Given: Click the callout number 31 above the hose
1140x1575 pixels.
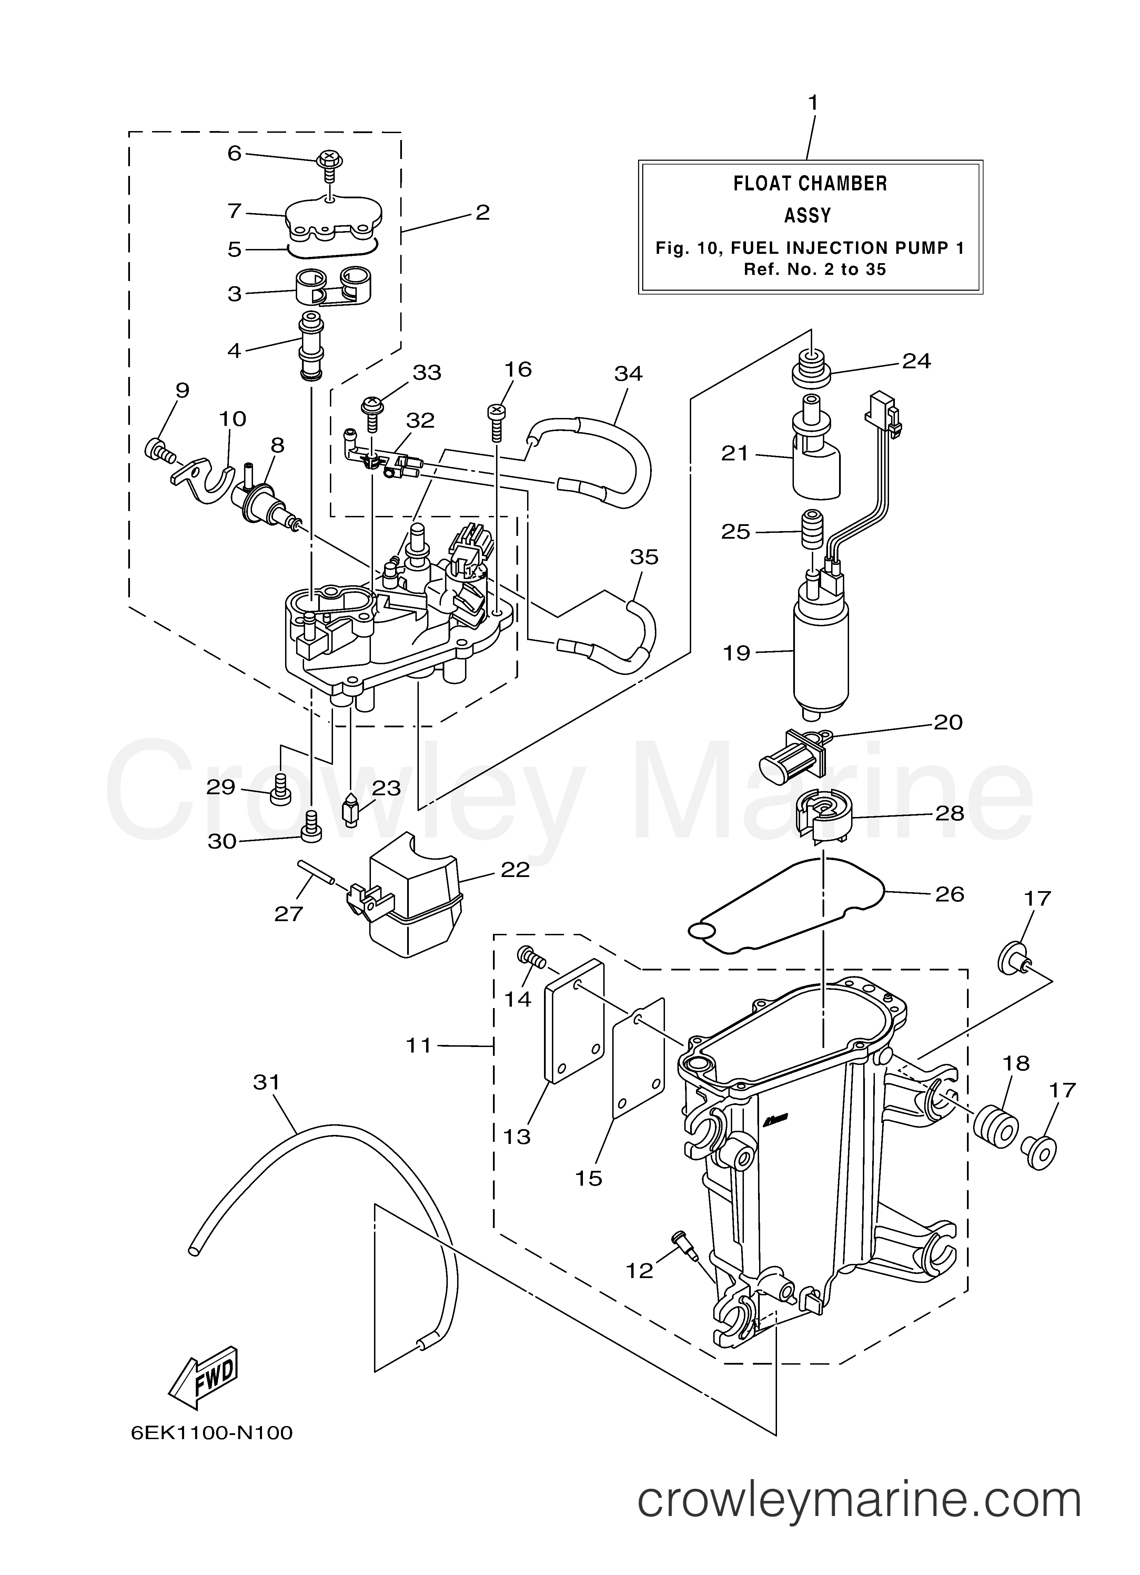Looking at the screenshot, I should (266, 1083).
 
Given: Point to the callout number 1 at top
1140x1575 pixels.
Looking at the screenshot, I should (812, 103).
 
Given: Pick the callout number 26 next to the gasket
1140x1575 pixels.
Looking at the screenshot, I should (949, 895).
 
